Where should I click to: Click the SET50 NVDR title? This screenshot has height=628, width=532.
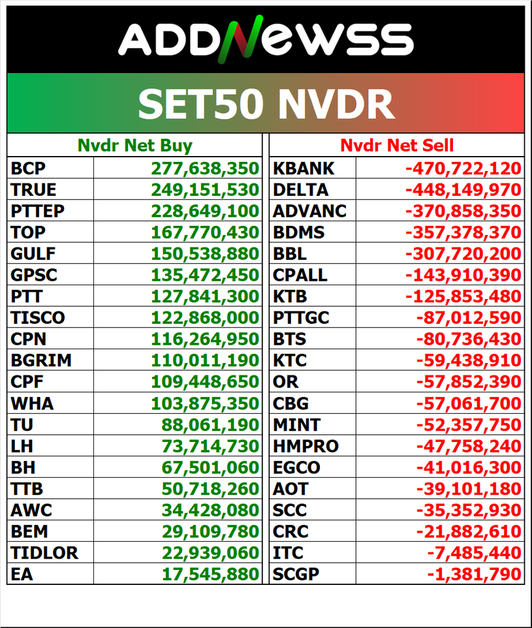pos(266,103)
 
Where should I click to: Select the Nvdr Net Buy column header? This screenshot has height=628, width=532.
pos(134,145)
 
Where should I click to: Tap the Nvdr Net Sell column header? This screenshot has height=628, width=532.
pos(397,145)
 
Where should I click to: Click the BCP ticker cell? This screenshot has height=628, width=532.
pos(28,168)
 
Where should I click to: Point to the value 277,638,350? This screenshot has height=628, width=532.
pos(205,168)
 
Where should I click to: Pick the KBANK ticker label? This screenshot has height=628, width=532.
pos(303,168)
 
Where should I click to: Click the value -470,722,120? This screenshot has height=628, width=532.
pos(463,168)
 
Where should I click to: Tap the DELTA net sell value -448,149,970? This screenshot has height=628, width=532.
pos(463,190)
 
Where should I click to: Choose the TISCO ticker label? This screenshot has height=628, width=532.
pos(38,318)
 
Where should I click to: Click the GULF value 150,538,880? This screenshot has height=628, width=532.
pos(205,254)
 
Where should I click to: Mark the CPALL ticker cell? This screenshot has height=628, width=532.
pos(300,275)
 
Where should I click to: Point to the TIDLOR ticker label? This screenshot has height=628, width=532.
pos(44,553)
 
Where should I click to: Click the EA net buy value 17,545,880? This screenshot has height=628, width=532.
pos(210,574)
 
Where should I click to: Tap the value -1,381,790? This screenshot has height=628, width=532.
pos(475,574)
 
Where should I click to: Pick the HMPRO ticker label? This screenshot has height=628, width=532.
pos(305,447)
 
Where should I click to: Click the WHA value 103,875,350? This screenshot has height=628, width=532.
pos(205,403)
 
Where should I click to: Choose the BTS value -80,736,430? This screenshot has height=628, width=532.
pos(469,339)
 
